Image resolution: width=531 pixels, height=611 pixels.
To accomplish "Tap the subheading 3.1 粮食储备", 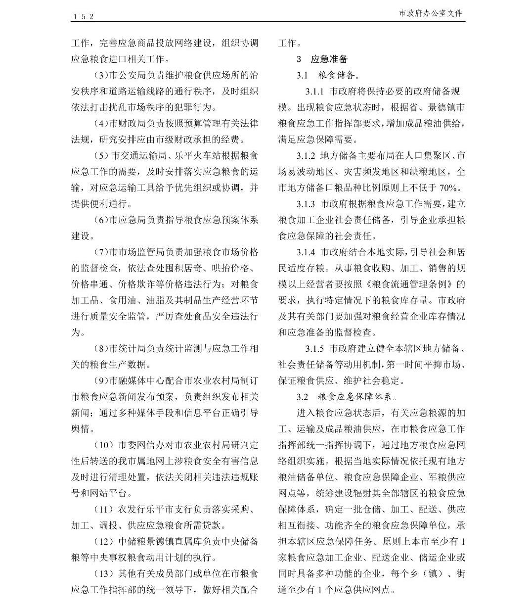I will (328, 76).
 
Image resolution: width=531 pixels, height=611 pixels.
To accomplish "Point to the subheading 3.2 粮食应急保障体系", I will (347, 397).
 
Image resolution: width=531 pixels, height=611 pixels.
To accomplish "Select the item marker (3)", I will (101, 76).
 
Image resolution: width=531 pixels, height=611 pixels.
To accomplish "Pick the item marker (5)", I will (101, 156).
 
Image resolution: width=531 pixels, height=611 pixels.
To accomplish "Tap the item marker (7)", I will (101, 252).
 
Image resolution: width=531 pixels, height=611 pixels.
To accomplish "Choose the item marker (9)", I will (101, 381).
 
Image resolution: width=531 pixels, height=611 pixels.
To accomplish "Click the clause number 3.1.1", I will (314, 92).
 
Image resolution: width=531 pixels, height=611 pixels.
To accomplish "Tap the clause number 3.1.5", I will (314, 349).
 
